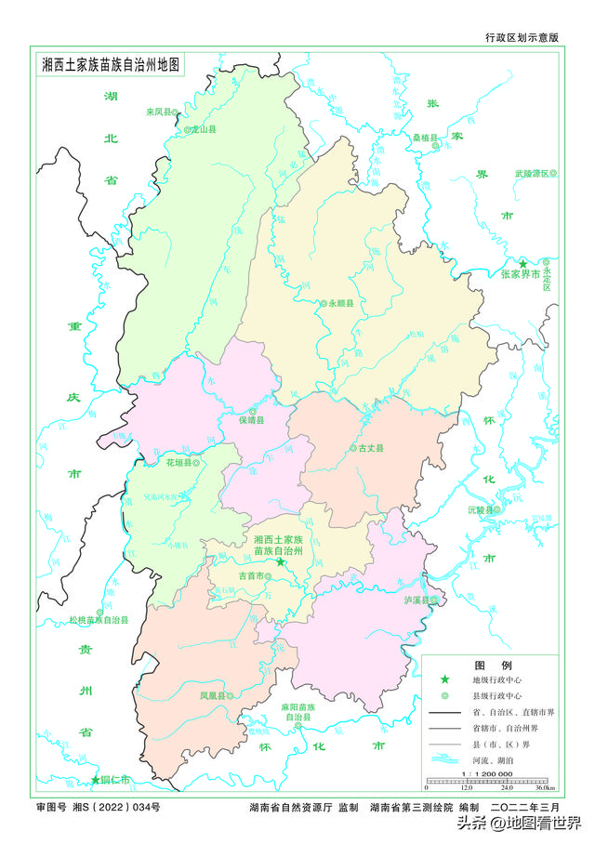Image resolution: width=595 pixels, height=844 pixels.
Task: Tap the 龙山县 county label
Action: (203, 130)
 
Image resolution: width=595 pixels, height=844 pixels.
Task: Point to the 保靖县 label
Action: (250, 420)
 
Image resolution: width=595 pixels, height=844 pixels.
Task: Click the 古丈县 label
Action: (371, 448)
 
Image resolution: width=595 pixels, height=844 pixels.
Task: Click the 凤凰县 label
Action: (214, 694)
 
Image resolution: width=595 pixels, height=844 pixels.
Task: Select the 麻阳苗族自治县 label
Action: (297, 713)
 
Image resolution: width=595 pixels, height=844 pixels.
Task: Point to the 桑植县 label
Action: (425, 137)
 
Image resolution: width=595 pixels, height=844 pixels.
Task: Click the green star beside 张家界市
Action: (523, 264)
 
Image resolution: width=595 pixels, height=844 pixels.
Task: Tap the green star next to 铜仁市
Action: (95, 779)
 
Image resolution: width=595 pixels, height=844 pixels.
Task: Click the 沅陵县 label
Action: (481, 510)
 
